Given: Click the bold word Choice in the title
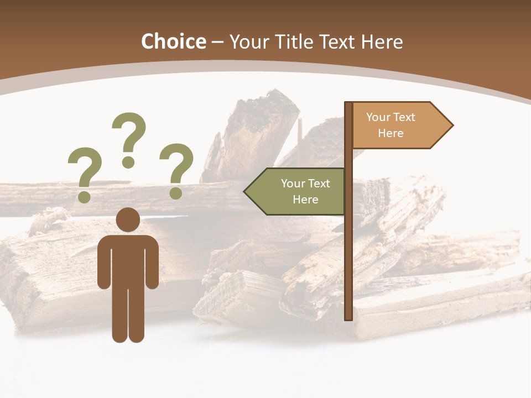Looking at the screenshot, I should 173,41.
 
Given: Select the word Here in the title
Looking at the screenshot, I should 382,41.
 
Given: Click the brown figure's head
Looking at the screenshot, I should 128,219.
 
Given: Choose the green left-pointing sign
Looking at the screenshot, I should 299,191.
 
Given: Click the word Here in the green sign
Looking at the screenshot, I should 305,200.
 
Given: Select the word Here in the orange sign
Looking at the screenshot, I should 391,133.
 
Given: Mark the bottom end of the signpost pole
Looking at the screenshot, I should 348,317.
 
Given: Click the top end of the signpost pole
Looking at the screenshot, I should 348,104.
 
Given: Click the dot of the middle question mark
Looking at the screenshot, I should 128,162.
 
